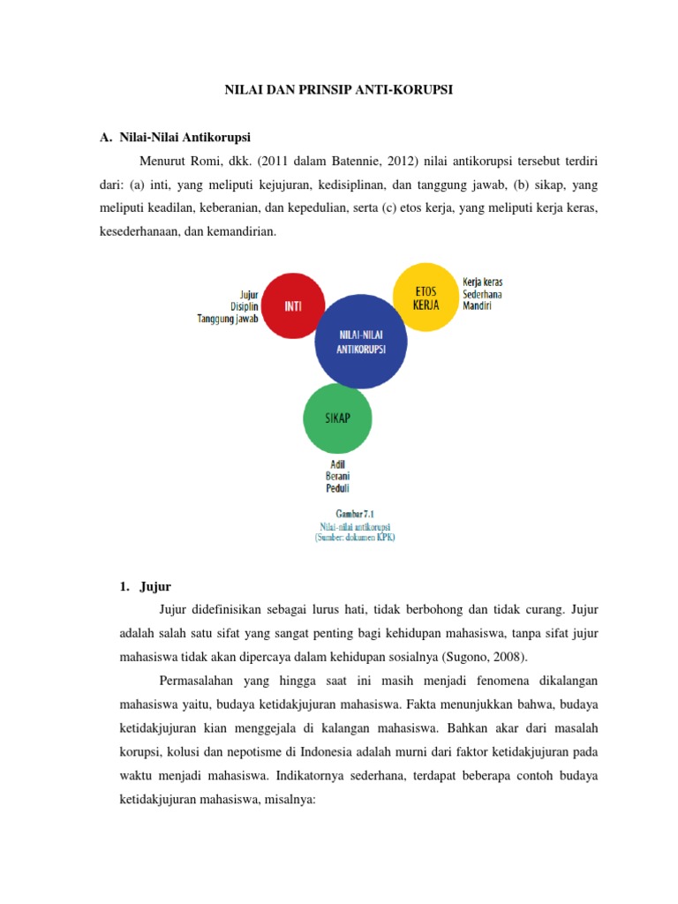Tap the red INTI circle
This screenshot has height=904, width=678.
[x=294, y=306]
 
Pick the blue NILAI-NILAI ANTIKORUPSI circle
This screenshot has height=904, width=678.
[x=361, y=343]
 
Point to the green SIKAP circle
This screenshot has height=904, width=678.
[x=337, y=418]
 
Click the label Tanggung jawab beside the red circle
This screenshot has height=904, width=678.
[x=227, y=320]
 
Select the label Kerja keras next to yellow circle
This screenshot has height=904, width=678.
[x=483, y=282]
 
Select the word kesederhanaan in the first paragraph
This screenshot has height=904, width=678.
[x=141, y=231]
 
